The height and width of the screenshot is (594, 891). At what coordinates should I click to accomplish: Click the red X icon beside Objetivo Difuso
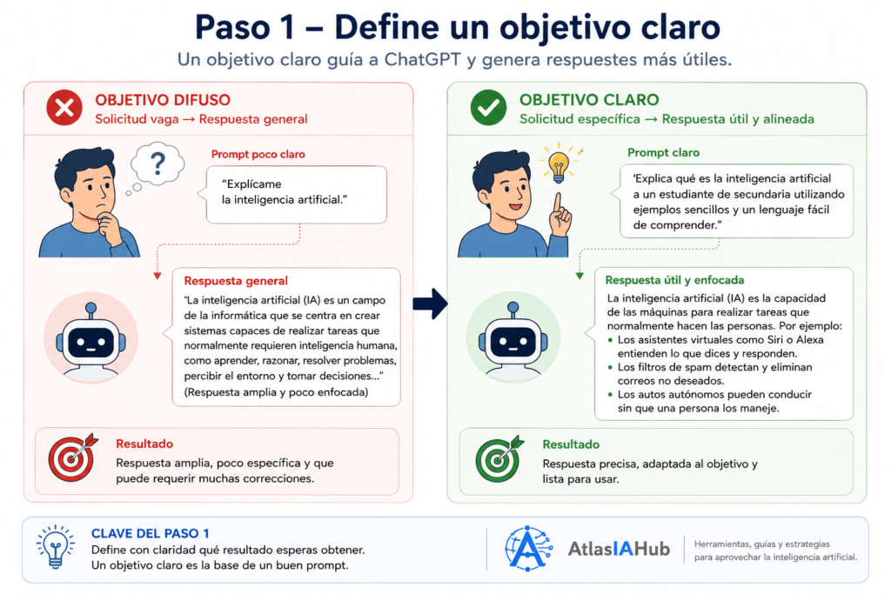point(64,107)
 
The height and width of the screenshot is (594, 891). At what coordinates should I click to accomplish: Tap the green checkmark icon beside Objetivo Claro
point(488,107)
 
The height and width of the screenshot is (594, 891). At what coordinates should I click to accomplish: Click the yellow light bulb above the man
point(559,164)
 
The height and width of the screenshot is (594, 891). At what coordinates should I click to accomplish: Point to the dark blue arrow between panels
point(430,304)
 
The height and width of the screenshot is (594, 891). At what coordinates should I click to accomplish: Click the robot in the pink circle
point(90,339)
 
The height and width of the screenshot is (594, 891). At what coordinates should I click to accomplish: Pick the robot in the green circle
point(513,339)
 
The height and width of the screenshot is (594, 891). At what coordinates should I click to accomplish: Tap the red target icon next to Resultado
point(72,457)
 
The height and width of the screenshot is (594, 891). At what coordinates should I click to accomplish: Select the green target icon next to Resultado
point(499,458)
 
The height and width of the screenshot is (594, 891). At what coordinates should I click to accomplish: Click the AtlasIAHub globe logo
point(528,549)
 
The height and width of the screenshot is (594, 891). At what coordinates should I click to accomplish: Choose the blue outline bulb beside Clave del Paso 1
point(55,546)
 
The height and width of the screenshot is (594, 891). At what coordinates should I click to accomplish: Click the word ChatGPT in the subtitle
point(422,60)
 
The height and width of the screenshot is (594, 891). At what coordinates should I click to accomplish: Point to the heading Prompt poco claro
point(258,155)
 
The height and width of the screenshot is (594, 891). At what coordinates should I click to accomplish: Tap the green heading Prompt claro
point(663,153)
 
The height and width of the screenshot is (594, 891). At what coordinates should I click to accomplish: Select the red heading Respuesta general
point(236,281)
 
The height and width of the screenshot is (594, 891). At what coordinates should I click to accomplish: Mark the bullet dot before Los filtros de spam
point(610,367)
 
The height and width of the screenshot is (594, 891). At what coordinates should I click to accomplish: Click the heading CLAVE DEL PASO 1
point(150,533)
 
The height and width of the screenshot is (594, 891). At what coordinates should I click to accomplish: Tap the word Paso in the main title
point(231,27)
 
